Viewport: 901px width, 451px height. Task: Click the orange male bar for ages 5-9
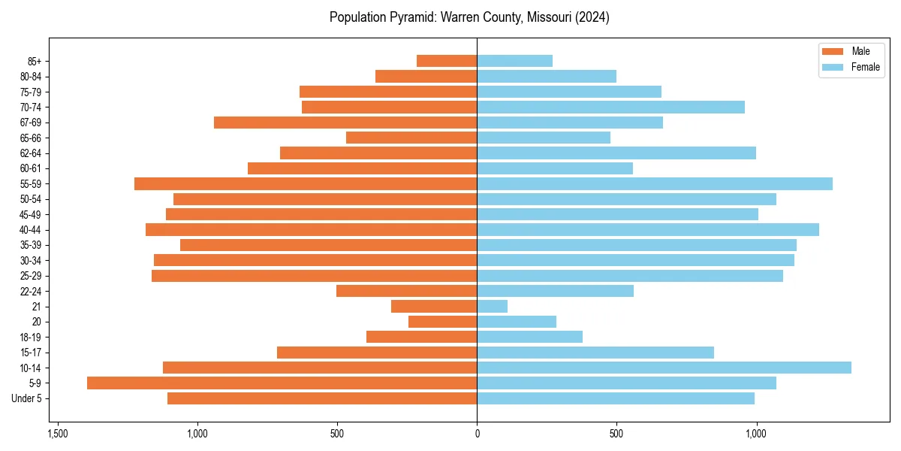[x=282, y=383]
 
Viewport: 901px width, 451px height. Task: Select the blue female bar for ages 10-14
[x=664, y=368]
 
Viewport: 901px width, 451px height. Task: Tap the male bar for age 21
[x=434, y=307]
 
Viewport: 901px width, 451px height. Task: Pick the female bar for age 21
[x=492, y=307]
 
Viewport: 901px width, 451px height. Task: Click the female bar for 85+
[x=514, y=61]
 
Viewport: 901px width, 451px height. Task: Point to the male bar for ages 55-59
[x=306, y=184]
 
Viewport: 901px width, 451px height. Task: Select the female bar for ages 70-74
[x=610, y=107]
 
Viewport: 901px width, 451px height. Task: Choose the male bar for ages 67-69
[x=345, y=123]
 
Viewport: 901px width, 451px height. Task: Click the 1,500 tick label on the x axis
[x=58, y=434]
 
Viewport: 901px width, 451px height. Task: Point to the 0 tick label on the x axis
[x=477, y=434]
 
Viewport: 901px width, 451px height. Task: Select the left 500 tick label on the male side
[x=337, y=434]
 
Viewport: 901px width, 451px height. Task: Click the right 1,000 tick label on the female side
[x=756, y=434]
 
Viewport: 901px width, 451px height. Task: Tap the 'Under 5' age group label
[x=26, y=398]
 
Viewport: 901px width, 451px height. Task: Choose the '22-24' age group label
[x=31, y=292]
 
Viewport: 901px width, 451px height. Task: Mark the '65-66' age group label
[x=31, y=138]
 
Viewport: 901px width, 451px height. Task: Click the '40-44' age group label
[x=31, y=230]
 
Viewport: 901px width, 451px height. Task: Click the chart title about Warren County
[x=469, y=17]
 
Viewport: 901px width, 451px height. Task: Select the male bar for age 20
[x=442, y=322]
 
